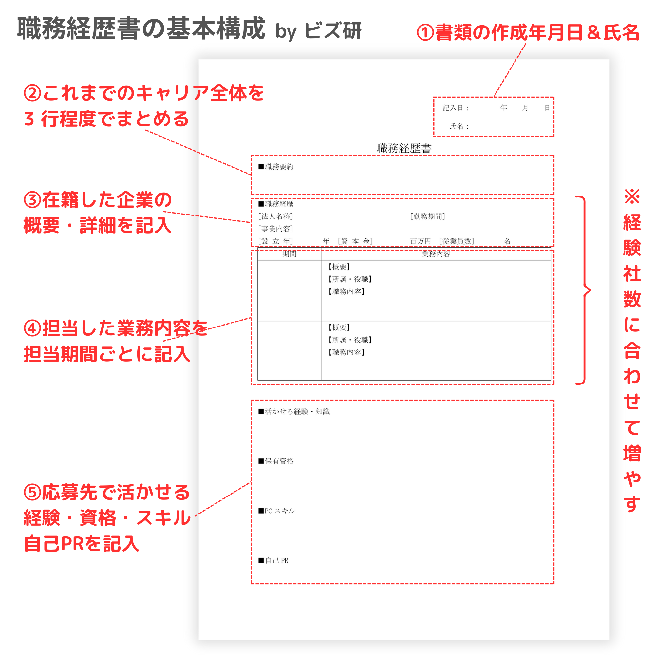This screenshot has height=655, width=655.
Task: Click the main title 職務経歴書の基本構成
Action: tap(141, 29)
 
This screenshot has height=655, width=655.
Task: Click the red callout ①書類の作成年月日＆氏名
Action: tap(528, 32)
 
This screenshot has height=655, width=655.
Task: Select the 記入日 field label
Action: tap(455, 108)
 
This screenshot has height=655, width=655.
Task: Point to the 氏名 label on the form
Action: tap(459, 126)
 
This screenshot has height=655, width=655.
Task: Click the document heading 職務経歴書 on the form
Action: tap(404, 148)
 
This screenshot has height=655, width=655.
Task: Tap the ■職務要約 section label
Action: tap(276, 167)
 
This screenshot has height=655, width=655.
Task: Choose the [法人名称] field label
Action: tap(275, 216)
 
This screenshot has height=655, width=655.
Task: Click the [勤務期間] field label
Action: tap(427, 216)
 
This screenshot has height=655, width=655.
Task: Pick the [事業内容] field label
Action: tap(275, 229)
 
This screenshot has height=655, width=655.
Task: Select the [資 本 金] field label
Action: tap(355, 241)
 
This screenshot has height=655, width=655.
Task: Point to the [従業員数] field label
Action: tap(456, 241)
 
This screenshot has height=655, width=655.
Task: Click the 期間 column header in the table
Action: tap(289, 254)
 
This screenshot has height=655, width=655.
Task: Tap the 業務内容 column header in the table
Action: tap(436, 254)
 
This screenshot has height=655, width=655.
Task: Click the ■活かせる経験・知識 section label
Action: tap(294, 412)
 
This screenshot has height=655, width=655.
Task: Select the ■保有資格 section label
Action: tap(276, 461)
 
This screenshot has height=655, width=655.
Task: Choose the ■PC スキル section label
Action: tap(277, 511)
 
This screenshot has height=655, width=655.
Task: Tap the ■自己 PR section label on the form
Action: tap(273, 561)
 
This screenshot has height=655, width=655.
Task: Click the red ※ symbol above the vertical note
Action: tap(632, 196)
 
